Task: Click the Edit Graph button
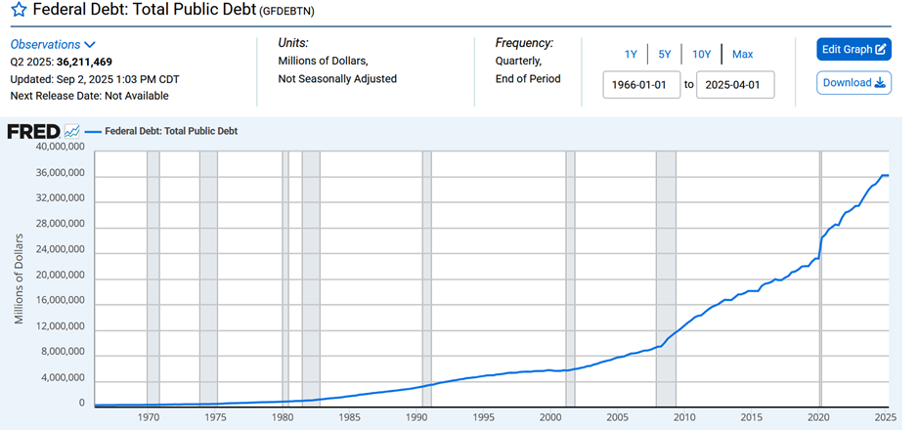tap(853, 49)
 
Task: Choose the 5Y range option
tap(665, 54)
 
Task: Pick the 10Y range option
tap(701, 54)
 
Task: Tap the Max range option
tap(742, 54)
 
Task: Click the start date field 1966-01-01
tap(641, 84)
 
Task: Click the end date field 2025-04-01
tap(735, 84)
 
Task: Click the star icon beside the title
tap(19, 13)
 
